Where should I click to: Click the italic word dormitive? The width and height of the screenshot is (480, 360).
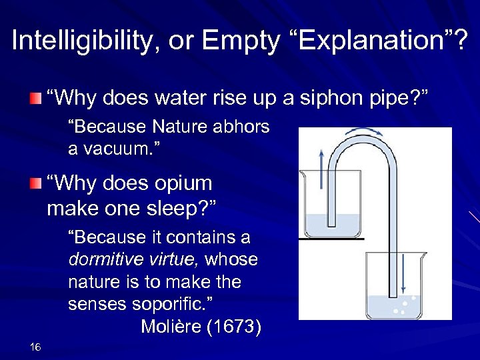tap(102, 260)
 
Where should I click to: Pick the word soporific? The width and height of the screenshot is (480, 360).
tap(170, 305)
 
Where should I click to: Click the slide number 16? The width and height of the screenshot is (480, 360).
tap(36, 347)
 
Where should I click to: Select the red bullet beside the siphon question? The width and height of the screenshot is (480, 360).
tap(35, 100)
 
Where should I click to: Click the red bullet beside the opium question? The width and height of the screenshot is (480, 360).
tap(35, 185)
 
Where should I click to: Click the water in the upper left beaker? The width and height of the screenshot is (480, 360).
tap(332, 225)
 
